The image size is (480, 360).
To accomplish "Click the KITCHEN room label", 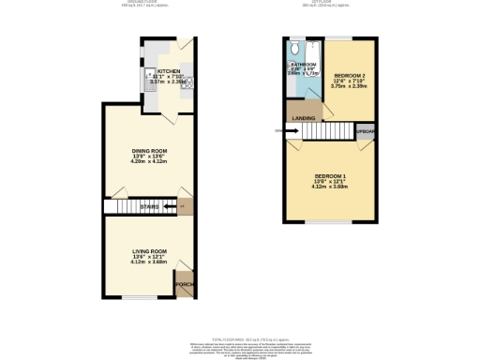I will click(x=169, y=71).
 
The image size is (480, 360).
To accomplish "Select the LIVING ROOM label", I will click(x=148, y=251).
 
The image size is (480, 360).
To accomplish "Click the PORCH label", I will click(x=184, y=284).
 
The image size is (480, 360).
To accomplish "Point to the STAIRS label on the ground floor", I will click(x=149, y=207).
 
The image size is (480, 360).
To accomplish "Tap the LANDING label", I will click(x=303, y=118).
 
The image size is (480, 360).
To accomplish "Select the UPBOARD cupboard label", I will click(x=366, y=132).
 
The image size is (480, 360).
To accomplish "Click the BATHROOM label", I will click(x=304, y=63).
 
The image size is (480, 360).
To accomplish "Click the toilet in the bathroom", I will click(x=295, y=48).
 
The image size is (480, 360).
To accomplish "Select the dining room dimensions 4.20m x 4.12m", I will click(x=149, y=162).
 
